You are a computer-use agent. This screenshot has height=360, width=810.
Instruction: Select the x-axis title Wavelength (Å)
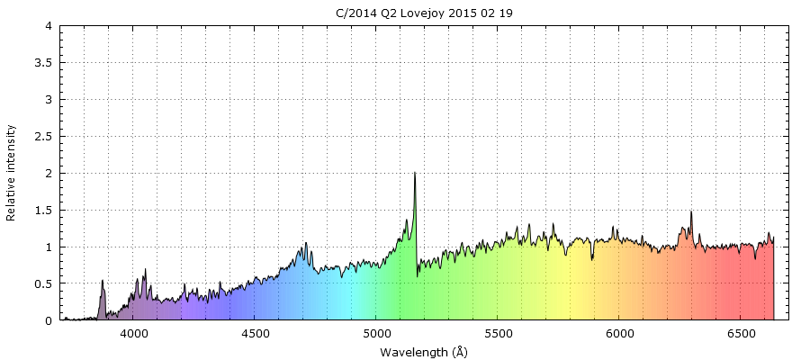tap(423, 351)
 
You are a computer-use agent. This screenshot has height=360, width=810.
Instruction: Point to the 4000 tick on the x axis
tap(134, 334)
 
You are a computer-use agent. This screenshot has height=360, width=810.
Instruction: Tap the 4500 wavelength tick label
tap(256, 334)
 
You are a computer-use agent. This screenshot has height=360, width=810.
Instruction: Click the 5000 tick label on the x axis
tap(377, 334)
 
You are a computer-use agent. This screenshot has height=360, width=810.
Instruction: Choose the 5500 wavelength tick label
tap(499, 334)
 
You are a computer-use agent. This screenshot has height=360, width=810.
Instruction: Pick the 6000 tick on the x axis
tap(620, 334)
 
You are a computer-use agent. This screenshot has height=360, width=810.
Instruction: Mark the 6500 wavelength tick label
tap(742, 334)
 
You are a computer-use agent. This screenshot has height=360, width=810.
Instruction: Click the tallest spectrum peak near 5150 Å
tap(414, 173)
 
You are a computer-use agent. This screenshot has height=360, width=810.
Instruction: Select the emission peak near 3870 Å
tap(103, 281)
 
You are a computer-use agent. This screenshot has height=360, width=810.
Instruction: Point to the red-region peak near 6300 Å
tap(691, 212)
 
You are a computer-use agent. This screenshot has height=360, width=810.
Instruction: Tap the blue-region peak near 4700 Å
tap(306, 243)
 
